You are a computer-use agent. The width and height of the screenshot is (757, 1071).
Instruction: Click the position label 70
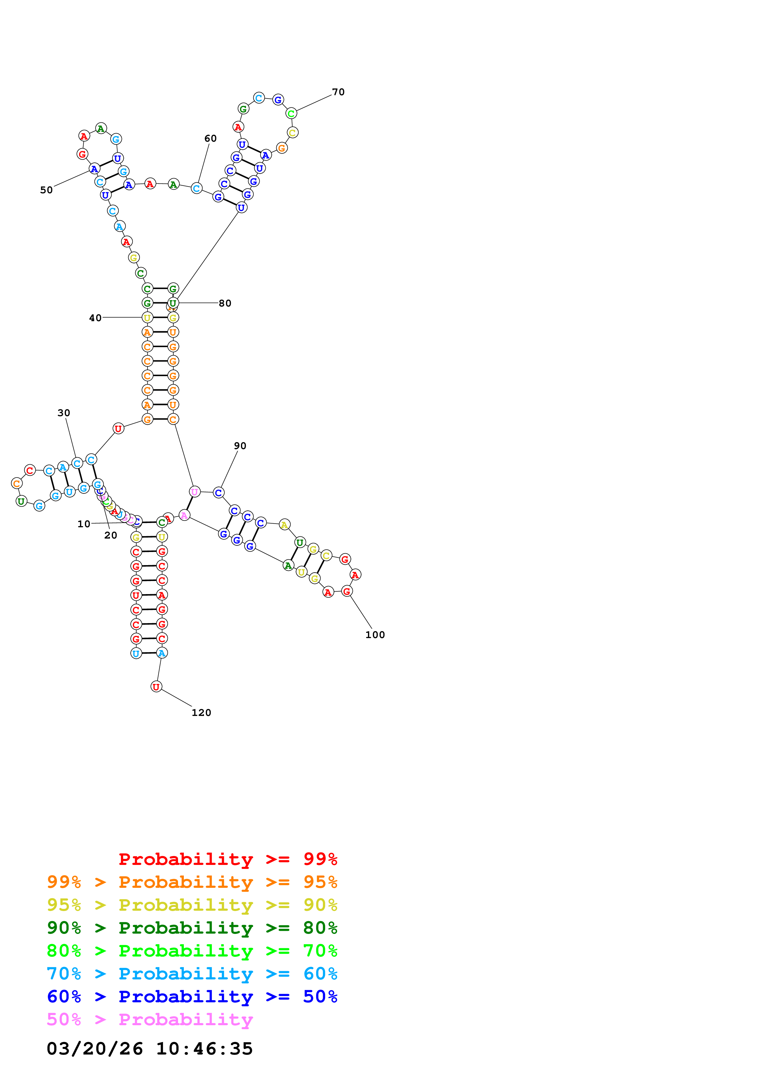338,92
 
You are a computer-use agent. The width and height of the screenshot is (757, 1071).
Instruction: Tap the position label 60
210,139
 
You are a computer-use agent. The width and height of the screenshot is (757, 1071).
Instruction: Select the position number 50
46,190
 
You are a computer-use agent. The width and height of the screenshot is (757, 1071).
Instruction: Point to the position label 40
95,318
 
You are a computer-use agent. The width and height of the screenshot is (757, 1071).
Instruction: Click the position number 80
225,303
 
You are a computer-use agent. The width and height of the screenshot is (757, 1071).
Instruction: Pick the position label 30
64,413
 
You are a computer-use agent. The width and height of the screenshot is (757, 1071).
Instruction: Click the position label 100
375,635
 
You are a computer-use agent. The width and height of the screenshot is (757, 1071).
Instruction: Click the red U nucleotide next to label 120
156,687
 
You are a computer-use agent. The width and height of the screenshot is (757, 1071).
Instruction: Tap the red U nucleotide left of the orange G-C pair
118,429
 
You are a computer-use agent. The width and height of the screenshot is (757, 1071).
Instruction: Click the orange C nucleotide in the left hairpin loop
17,483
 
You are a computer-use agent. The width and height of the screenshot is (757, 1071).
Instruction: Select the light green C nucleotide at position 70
291,113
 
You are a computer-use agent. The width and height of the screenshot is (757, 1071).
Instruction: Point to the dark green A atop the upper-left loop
101,128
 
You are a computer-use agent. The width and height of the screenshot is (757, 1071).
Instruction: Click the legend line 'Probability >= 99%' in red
227,859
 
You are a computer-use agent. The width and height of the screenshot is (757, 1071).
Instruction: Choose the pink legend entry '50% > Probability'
150,1020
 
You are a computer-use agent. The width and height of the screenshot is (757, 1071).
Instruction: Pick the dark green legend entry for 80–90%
192,928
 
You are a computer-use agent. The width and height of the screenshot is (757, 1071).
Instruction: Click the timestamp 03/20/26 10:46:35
150,1049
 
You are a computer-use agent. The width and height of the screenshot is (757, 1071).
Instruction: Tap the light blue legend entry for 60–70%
192,974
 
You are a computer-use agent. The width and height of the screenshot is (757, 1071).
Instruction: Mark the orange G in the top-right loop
281,148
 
